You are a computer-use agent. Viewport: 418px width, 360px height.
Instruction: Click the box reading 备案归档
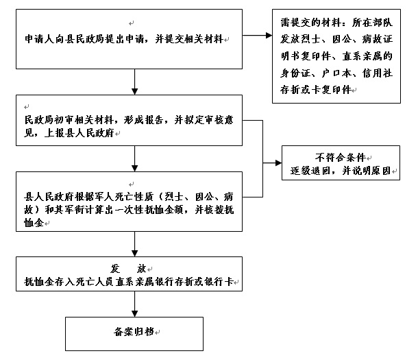[x=134, y=333]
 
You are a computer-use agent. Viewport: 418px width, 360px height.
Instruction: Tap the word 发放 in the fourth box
[x=128, y=269]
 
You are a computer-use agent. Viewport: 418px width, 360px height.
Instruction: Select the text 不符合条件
[x=340, y=157]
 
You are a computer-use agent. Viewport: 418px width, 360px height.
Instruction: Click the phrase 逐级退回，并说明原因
[x=341, y=171]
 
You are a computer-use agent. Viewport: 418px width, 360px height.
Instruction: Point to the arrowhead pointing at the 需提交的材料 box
[x=269, y=35]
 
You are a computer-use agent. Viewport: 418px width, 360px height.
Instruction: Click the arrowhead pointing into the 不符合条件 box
[x=279, y=163]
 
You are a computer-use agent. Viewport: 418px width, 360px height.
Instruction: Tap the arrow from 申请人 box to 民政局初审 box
[x=134, y=82]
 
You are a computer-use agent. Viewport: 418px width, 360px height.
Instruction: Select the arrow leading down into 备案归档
[x=134, y=304]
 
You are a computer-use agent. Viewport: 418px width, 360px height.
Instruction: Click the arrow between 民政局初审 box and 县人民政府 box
[x=134, y=158]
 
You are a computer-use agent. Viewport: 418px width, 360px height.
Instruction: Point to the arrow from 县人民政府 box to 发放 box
[x=134, y=244]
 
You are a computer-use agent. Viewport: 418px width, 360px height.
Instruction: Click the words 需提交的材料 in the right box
[x=310, y=23]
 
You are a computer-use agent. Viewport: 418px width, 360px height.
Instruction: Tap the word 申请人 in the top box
[x=40, y=39]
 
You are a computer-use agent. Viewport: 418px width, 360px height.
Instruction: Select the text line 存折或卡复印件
[x=316, y=90]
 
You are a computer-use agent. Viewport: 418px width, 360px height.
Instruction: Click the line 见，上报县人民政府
[x=69, y=132]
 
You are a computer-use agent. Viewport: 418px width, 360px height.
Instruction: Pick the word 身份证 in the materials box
[x=295, y=73]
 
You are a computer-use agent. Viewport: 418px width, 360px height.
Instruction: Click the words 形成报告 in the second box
[x=143, y=120]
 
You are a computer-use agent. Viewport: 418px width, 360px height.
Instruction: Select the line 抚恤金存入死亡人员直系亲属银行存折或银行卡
[x=129, y=282]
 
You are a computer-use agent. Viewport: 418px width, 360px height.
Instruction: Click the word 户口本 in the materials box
[x=336, y=73]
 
